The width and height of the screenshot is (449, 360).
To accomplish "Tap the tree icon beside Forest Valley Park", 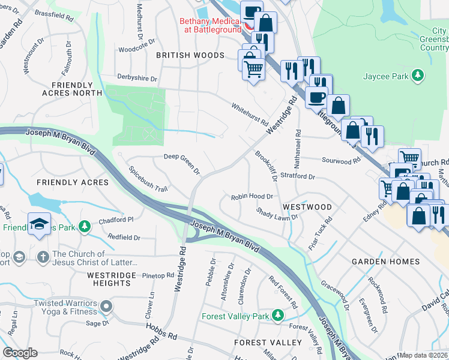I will point(277,316).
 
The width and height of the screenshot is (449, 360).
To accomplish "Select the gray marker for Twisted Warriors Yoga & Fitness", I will point(106,307).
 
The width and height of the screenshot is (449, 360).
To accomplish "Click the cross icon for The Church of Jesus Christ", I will point(43,257).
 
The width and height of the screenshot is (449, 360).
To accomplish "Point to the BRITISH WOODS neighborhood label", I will point(190,55).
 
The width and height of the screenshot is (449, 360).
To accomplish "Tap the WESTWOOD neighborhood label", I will point(307,207).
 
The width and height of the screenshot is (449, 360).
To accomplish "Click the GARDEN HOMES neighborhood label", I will point(385,262).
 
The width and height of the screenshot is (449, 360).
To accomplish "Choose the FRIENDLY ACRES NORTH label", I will point(72,89).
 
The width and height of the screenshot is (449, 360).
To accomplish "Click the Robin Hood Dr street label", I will point(253,196).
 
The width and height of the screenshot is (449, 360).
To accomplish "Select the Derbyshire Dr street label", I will point(137,79).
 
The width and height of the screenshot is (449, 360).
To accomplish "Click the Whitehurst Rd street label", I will point(250,113).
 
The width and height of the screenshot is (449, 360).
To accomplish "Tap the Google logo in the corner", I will point(20,353).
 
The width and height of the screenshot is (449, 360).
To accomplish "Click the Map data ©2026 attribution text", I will point(424,355).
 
